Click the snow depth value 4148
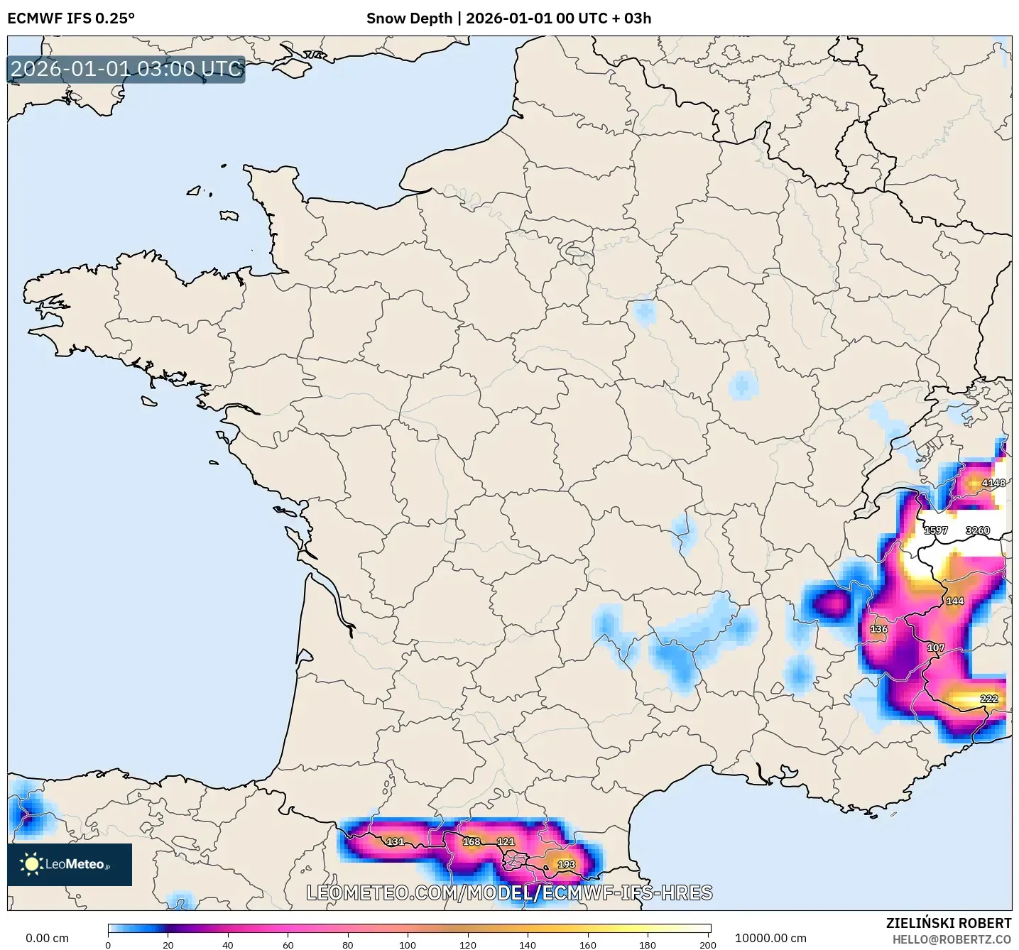993,483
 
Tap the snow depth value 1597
935,530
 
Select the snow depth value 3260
977,530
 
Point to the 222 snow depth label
988,699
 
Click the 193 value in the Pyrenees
566,864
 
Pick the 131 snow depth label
395,841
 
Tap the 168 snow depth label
472,841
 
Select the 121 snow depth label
505,841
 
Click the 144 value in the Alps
954,601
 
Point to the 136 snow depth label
878,629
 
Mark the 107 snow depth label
935,648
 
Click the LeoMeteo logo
70,864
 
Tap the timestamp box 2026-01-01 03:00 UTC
126,69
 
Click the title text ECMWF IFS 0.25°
71,18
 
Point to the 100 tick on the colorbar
408,944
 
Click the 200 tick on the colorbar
707,944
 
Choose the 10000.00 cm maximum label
770,938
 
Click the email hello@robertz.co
952,939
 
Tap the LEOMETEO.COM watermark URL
509,892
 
